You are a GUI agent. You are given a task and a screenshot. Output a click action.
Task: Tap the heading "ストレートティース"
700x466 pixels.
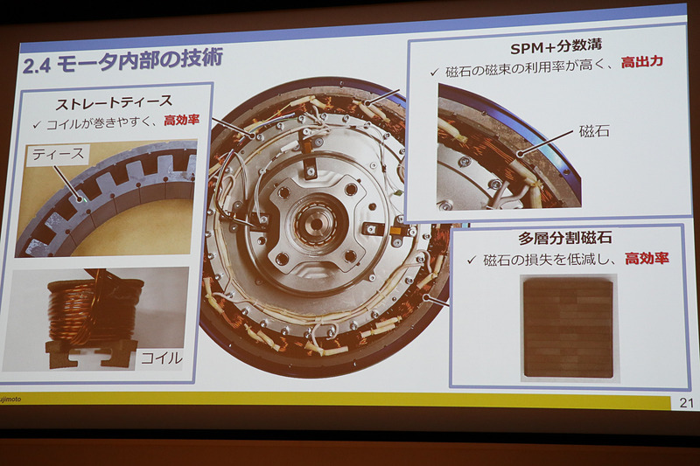(114, 101)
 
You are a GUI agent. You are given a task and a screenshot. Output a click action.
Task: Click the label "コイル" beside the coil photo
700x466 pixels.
(161, 357)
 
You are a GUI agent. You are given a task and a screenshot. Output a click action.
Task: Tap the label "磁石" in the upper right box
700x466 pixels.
(595, 132)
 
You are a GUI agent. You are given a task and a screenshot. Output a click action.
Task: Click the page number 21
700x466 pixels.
(683, 402)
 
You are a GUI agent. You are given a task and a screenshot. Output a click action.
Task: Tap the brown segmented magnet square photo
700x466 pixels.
(567, 326)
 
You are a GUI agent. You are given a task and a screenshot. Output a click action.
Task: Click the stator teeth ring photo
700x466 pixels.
(105, 201)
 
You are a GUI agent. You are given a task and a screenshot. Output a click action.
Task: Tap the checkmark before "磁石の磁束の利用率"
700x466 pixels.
(433, 71)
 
